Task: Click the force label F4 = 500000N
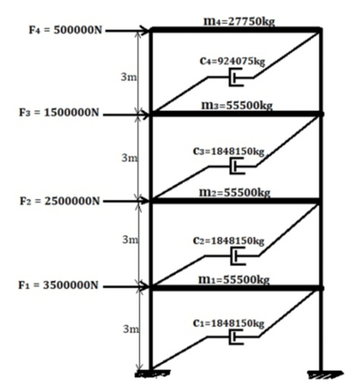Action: (x=65, y=30)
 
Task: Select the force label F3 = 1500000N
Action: (x=59, y=113)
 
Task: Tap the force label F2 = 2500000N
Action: (x=59, y=201)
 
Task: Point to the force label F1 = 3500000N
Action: (x=59, y=285)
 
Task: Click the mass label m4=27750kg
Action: (x=239, y=22)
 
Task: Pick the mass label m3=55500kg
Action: (x=237, y=105)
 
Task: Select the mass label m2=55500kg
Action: (x=235, y=193)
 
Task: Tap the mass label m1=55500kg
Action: (x=234, y=280)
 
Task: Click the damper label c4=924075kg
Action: (x=233, y=61)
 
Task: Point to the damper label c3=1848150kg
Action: (x=228, y=152)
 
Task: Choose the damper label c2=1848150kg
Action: (x=228, y=241)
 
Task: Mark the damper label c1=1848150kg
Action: (x=228, y=324)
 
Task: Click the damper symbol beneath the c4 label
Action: (x=236, y=77)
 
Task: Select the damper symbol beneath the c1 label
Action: (x=236, y=337)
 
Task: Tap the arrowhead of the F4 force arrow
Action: (x=146, y=30)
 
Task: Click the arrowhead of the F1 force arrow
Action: (x=146, y=287)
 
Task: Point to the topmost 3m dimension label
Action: (x=128, y=77)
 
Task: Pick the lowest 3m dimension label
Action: (x=131, y=329)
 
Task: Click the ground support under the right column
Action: (x=325, y=375)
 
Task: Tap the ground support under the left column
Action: (x=152, y=374)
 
